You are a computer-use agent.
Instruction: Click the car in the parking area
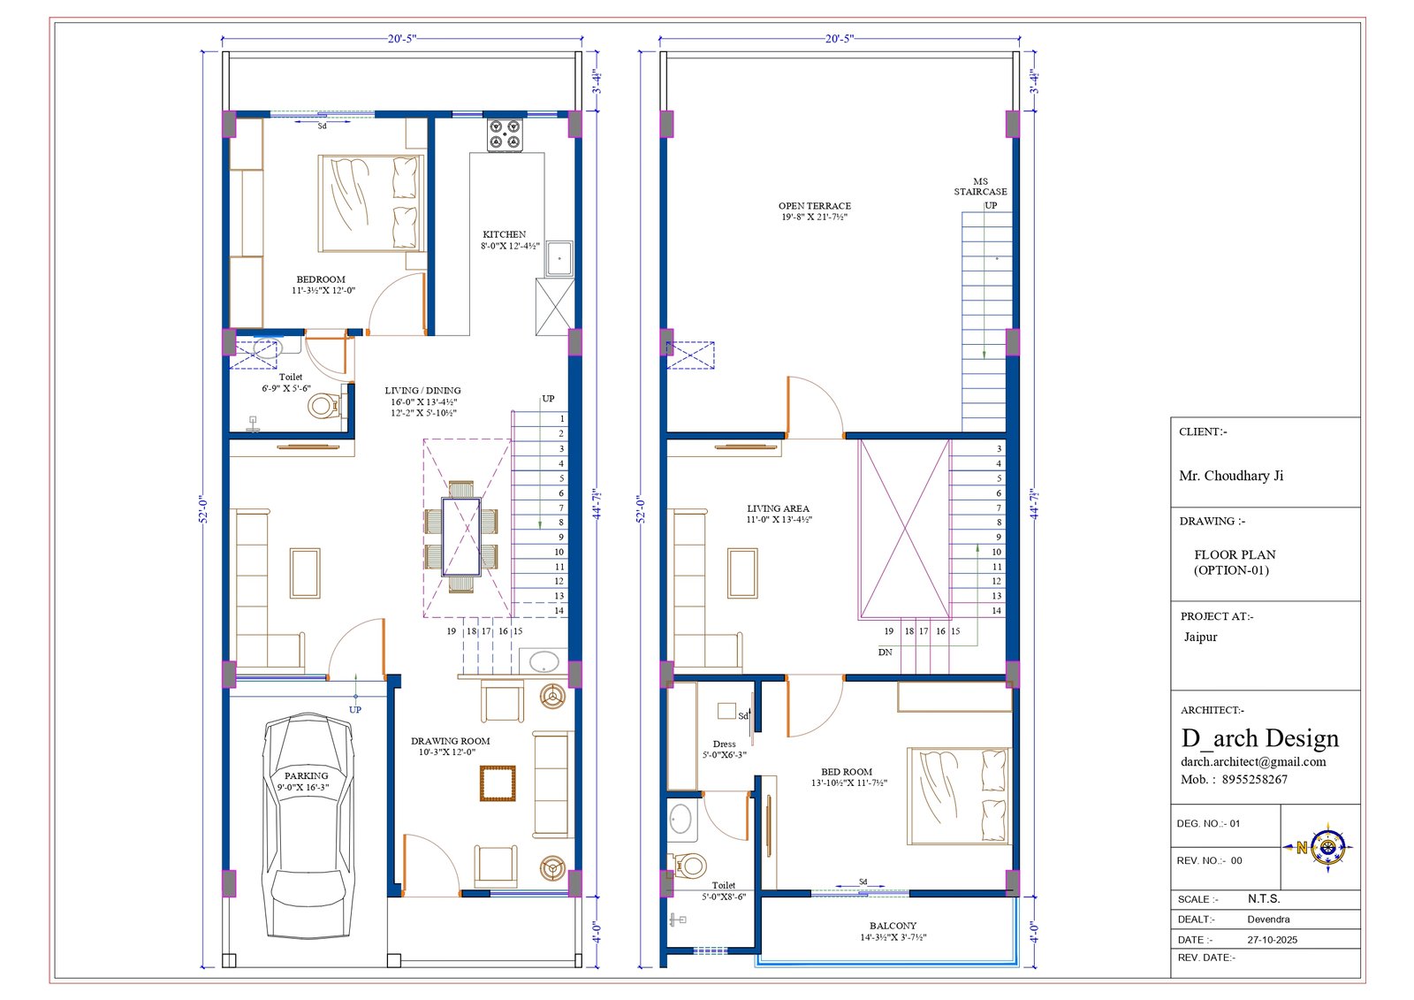point(308,828)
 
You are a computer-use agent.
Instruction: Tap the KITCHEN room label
point(504,234)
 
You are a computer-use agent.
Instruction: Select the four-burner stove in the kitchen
point(505,134)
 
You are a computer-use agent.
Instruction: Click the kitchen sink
point(559,258)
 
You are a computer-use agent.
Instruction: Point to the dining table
point(461,537)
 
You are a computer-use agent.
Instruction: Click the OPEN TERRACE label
point(814,206)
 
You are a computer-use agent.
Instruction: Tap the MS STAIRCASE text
point(980,187)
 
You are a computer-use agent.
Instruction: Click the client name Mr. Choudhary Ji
point(1231,476)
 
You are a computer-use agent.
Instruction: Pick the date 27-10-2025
point(1272,940)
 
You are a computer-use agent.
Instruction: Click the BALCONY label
point(893,926)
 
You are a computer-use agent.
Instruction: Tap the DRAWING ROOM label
point(450,741)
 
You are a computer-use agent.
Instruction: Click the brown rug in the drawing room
point(498,783)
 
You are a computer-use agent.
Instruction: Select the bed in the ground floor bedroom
point(371,203)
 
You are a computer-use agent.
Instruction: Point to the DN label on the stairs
point(885,652)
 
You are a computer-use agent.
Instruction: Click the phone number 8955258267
point(1254,780)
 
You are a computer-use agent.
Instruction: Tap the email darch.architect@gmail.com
point(1253,762)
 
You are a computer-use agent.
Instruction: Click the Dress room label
point(724,744)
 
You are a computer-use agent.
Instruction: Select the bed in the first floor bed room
point(959,796)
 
